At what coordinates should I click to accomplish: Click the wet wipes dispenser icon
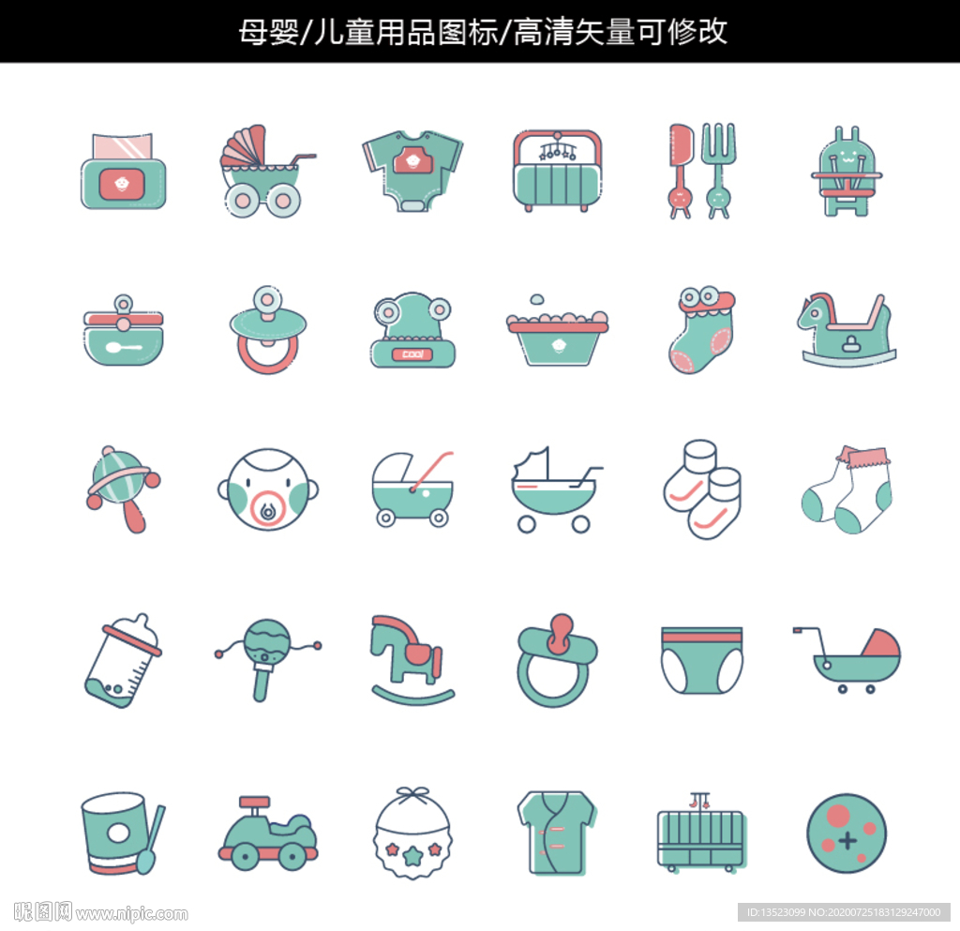coord(124,171)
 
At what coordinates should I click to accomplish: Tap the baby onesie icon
coord(412,170)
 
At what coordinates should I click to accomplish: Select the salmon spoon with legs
coord(681,170)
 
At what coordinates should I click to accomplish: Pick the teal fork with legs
coord(718,170)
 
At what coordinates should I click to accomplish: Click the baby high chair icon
coord(847,172)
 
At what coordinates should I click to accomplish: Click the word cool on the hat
coord(412,354)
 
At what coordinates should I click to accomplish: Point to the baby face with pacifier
coord(267,489)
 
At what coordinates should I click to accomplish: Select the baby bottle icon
coord(123,661)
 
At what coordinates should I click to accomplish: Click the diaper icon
coord(701,660)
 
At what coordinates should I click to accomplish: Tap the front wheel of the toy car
coord(293,855)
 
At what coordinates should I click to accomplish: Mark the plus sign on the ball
coord(847,840)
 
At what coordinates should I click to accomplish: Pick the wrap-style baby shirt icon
coord(557,833)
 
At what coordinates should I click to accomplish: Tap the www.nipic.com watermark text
coord(131,914)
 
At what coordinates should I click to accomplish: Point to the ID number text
coord(844,912)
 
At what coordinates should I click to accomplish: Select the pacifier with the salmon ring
coord(267,331)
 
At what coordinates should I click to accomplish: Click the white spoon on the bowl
coord(124,348)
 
